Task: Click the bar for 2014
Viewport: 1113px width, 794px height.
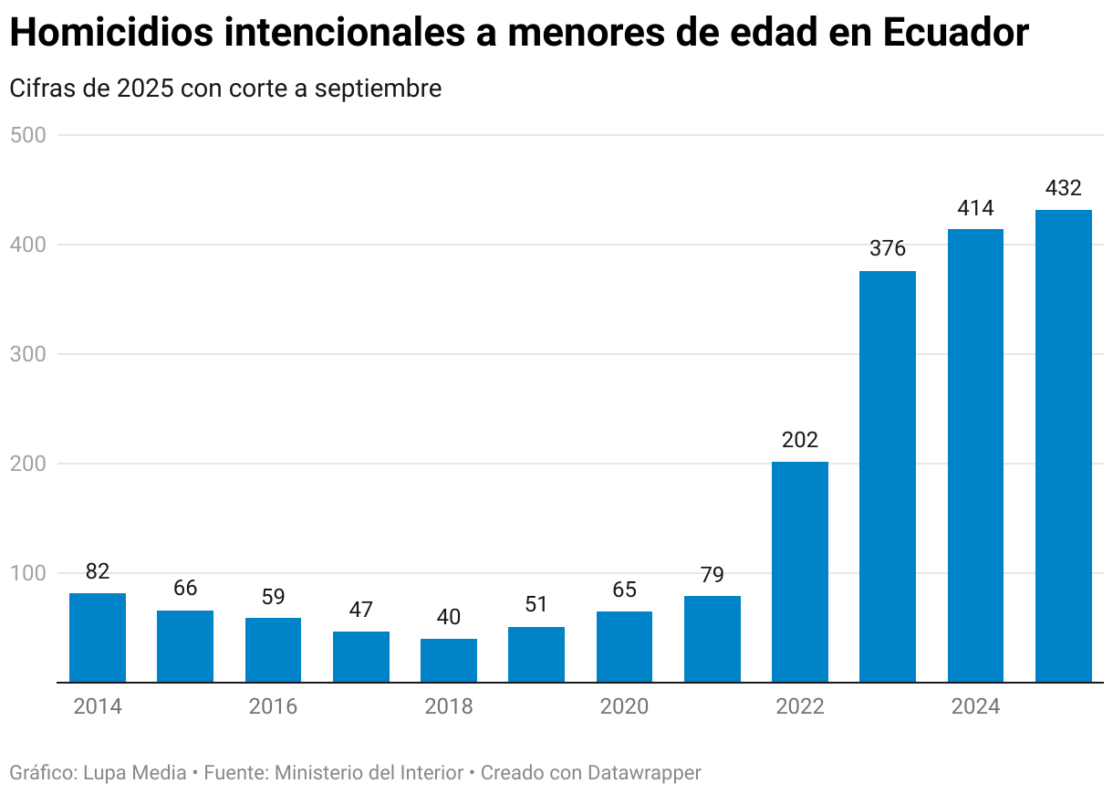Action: coord(98,637)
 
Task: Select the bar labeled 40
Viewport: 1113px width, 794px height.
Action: coord(449,660)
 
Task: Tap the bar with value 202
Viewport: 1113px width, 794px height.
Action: coord(800,571)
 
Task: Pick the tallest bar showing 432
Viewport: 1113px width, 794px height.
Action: coord(1064,445)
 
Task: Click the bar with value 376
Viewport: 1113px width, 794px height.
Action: coord(888,476)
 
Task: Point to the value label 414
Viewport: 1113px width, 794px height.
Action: coord(975,208)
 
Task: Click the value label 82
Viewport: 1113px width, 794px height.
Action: coord(98,571)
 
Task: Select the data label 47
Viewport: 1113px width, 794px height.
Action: coord(360,610)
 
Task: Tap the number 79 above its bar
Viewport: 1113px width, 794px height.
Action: coord(713,575)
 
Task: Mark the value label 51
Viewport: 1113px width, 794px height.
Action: coord(536,605)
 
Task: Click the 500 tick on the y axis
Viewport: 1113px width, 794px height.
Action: coord(27,135)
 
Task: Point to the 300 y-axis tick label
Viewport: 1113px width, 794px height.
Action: coord(27,354)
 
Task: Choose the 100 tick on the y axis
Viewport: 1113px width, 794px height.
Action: coord(27,573)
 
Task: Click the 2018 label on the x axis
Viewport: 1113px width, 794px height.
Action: coord(449,706)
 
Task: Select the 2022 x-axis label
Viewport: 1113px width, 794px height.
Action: coord(800,706)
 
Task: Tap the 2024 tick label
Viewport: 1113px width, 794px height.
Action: coord(975,706)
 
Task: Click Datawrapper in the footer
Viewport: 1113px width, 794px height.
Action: coord(644,773)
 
